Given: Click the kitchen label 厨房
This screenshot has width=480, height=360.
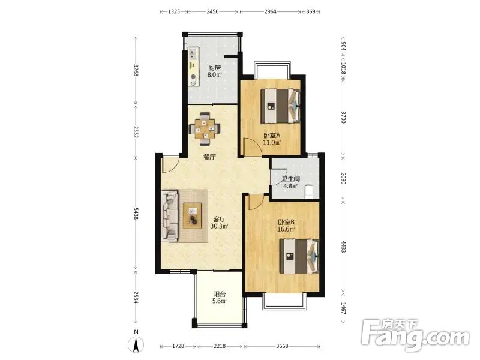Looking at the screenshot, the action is [215, 68].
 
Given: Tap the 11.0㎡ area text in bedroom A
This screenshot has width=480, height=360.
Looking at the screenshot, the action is [272, 142].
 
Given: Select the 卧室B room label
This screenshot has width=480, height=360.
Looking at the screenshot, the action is [286, 222].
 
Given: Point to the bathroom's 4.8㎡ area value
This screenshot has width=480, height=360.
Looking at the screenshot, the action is [290, 186].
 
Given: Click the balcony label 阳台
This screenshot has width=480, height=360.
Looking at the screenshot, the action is [220, 294].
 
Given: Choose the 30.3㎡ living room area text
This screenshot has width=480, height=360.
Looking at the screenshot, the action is [220, 226].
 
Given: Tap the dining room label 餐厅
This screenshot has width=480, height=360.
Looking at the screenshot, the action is [209, 157].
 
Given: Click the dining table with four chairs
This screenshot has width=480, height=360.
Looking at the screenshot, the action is [205, 128].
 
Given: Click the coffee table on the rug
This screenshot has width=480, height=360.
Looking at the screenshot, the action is [192, 215].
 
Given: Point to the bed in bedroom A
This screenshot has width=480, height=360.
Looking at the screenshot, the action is [280, 106].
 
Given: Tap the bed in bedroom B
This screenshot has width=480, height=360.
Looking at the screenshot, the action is [299, 256].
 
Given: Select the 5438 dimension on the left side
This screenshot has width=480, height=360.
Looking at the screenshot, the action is [136, 214].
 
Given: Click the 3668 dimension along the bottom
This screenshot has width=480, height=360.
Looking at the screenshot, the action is [282, 346].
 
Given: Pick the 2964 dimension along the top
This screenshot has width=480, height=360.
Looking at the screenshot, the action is [271, 11].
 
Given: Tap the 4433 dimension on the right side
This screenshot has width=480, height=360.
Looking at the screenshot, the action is [343, 247].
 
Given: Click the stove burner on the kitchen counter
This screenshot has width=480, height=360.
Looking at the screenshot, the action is [193, 77].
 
